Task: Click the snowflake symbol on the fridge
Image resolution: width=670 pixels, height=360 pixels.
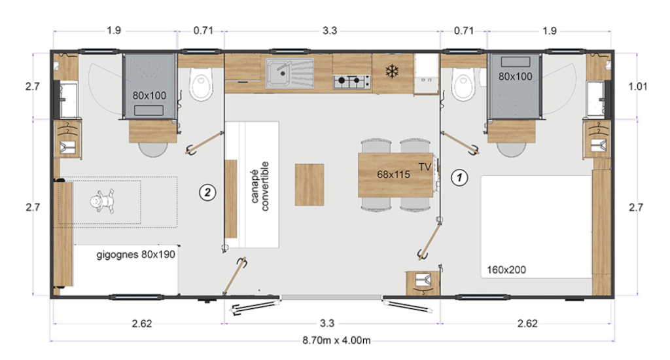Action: click(391, 71)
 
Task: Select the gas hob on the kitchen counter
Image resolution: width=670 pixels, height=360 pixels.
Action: click(351, 82)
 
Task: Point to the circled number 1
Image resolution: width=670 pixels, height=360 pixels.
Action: click(460, 177)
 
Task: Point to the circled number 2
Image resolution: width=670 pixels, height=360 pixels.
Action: click(207, 192)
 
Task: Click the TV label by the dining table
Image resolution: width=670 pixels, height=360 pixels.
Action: click(425, 167)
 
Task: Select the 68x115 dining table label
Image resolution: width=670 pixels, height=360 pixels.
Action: click(393, 175)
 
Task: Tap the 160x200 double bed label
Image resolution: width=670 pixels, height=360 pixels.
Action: click(506, 270)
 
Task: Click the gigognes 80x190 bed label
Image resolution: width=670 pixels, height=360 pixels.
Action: click(136, 255)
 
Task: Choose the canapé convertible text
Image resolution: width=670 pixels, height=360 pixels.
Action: click(259, 186)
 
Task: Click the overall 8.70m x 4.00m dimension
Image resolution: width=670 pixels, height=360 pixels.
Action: click(337, 340)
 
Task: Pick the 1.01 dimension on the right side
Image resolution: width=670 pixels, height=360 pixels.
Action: click(637, 86)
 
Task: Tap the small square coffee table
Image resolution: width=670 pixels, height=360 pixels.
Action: click(309, 185)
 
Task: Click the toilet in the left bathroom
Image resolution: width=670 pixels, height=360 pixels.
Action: click(201, 85)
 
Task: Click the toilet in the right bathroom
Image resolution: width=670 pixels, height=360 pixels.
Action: click(464, 85)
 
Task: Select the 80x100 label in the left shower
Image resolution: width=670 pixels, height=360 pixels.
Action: click(149, 96)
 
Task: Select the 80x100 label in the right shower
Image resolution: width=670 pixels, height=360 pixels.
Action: click(516, 77)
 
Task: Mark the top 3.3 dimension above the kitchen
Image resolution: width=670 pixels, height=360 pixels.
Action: click(330, 30)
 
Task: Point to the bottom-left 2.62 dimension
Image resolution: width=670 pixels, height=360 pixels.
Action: click(142, 323)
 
